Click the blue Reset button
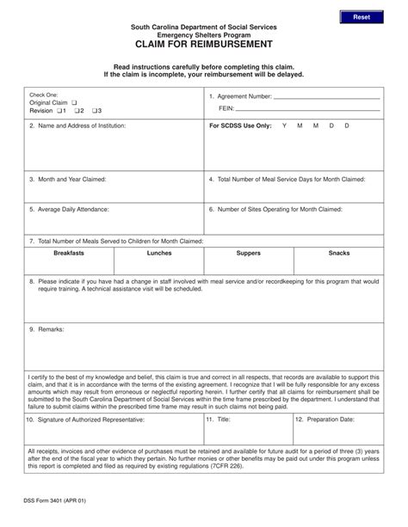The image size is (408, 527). tap(361, 17)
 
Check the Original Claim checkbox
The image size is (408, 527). tap(77, 102)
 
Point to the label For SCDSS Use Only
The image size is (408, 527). tap(240, 126)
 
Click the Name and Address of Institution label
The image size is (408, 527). tap(77, 126)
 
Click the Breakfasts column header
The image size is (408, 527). tap(69, 254)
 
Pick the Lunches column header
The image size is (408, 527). tap(159, 254)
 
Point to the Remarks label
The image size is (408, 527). tap(45, 329)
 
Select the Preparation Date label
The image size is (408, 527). tap(325, 420)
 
